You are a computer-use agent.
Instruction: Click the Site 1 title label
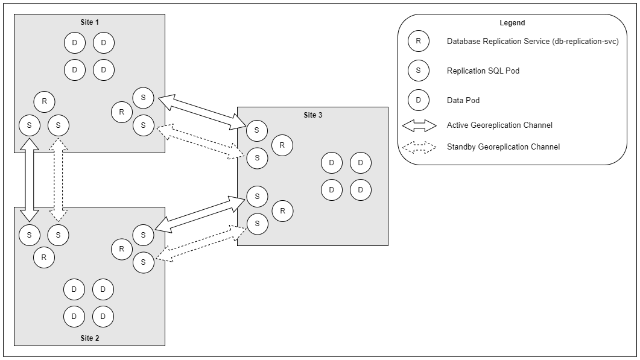(x=89, y=22)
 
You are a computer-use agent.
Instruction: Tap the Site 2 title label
(x=89, y=338)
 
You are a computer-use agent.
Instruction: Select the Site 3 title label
(x=312, y=115)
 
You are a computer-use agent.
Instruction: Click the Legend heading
(x=512, y=23)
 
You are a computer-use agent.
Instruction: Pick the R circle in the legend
(x=418, y=42)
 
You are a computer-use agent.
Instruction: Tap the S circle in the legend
(x=418, y=71)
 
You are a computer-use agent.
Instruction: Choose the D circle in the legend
(x=418, y=100)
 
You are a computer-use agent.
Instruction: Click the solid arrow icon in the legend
(x=419, y=125)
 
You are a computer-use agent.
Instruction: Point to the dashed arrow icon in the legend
(x=419, y=147)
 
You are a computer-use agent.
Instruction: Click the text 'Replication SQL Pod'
(x=483, y=71)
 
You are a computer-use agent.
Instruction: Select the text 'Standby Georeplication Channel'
(x=503, y=147)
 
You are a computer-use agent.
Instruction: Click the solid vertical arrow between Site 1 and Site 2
(x=29, y=180)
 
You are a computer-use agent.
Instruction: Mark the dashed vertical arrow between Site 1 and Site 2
(x=58, y=180)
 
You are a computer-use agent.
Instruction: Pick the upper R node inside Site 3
(x=282, y=145)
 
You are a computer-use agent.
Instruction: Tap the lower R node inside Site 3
(x=282, y=210)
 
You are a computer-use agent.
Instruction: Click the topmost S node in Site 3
(x=257, y=130)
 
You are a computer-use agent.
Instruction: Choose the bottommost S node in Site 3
(x=257, y=224)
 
